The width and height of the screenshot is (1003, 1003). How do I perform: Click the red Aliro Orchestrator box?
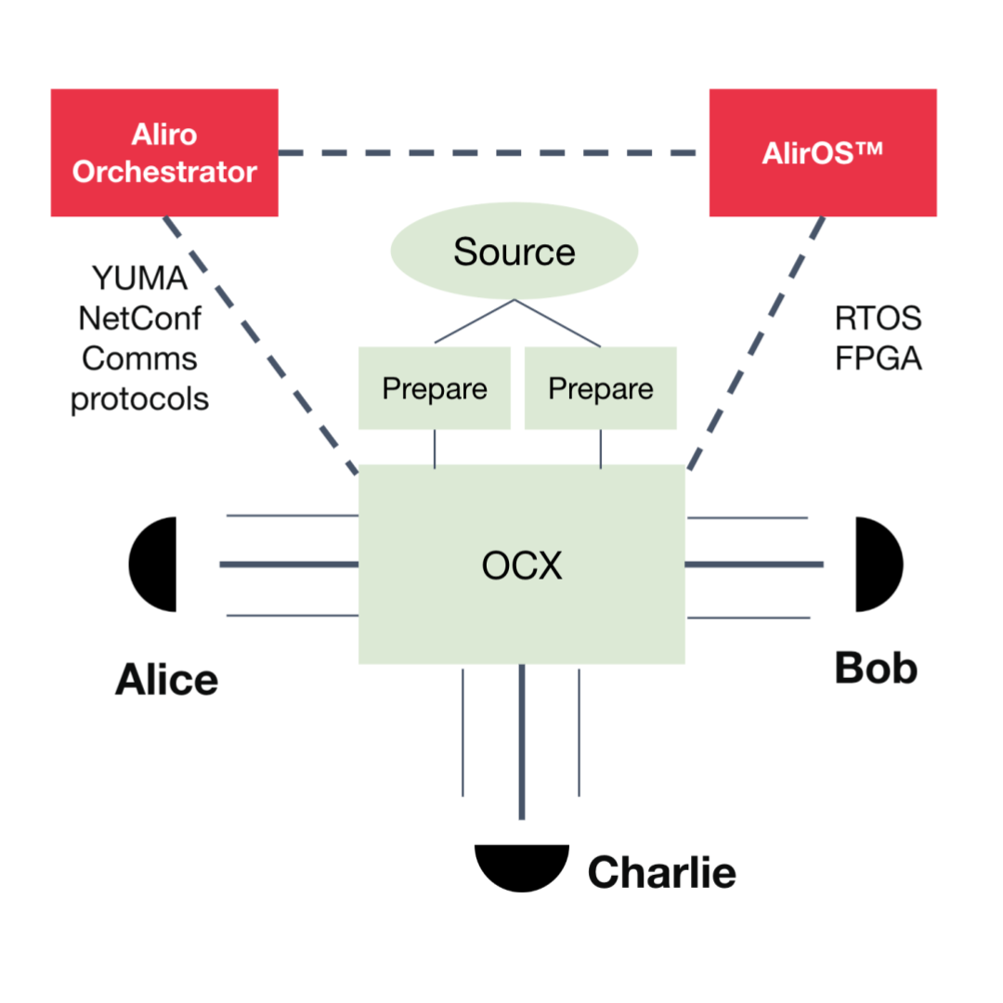tap(164, 152)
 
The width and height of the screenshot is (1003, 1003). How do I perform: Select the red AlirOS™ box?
tap(822, 152)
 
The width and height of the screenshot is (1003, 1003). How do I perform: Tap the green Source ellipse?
tap(514, 253)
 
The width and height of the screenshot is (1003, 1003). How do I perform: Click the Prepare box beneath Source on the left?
tap(434, 388)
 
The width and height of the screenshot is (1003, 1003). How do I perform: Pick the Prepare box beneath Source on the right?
tap(600, 388)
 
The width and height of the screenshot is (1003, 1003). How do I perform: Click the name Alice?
tap(166, 681)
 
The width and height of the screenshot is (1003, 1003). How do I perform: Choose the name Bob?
tap(876, 668)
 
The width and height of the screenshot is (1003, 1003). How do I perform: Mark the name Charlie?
tap(661, 873)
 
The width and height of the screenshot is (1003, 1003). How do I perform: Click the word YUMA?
tap(140, 278)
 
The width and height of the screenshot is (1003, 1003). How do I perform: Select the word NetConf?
tap(140, 319)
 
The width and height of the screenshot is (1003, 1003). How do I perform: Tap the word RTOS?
tap(878, 319)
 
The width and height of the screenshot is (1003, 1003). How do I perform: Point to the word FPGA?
tap(878, 358)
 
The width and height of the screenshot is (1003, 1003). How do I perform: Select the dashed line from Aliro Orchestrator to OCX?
tap(260, 344)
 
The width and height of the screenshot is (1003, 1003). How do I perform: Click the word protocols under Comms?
tap(140, 399)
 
